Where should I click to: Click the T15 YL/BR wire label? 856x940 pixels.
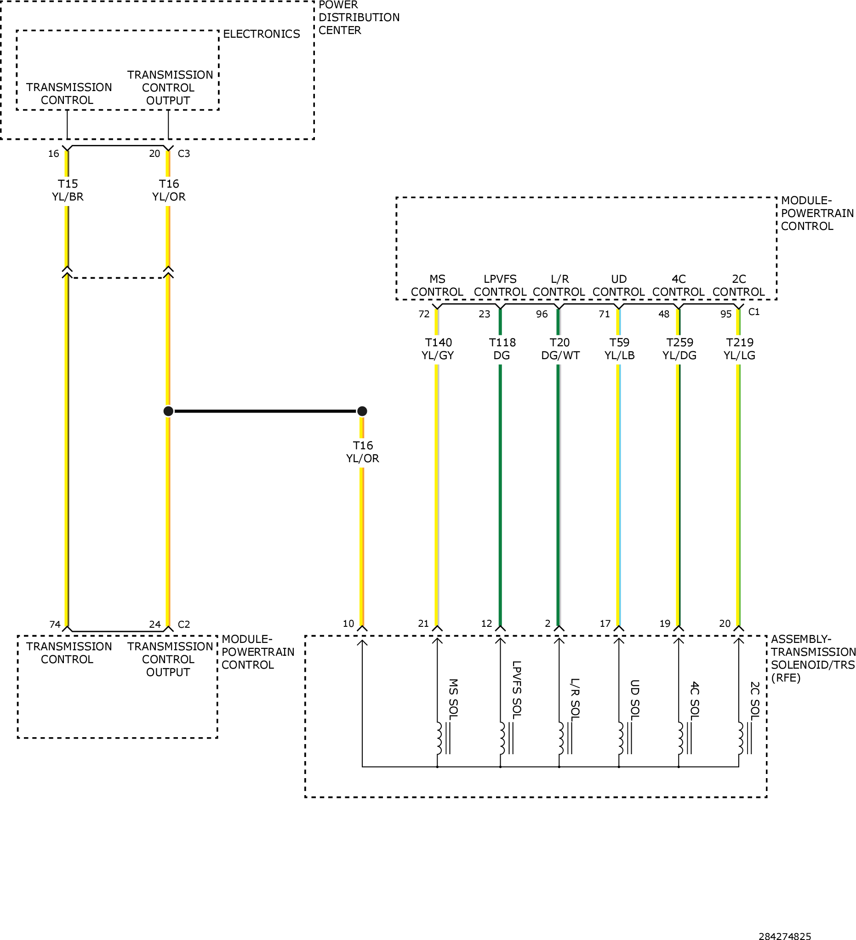pyautogui.click(x=68, y=190)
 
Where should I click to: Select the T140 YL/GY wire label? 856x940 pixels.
pyautogui.click(x=438, y=349)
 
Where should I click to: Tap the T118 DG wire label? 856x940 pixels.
pyautogui.click(x=502, y=349)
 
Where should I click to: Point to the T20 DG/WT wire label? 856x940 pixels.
pyautogui.click(x=560, y=349)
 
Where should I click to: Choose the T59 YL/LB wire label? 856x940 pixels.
pyautogui.click(x=620, y=349)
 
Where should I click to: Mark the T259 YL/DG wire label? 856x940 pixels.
pyautogui.click(x=680, y=349)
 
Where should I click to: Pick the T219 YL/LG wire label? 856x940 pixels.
pyautogui.click(x=739, y=349)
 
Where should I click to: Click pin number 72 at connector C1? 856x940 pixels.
pyautogui.click(x=424, y=314)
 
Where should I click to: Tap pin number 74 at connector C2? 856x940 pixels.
pyautogui.click(x=55, y=625)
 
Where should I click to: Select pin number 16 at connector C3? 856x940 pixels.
pyautogui.click(x=54, y=154)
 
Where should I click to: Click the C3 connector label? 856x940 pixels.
pyautogui.click(x=184, y=154)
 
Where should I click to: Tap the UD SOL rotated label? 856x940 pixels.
pyautogui.click(x=634, y=699)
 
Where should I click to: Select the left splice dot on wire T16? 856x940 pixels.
pyautogui.click(x=168, y=411)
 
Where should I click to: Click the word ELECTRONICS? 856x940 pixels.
pyautogui.click(x=262, y=34)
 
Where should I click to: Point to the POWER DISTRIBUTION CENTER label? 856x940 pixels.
pyautogui.click(x=359, y=18)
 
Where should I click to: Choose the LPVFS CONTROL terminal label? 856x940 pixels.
pyautogui.click(x=500, y=285)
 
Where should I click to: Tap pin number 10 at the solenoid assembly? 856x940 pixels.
pyautogui.click(x=349, y=624)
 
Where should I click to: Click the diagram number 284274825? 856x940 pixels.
pyautogui.click(x=785, y=935)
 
